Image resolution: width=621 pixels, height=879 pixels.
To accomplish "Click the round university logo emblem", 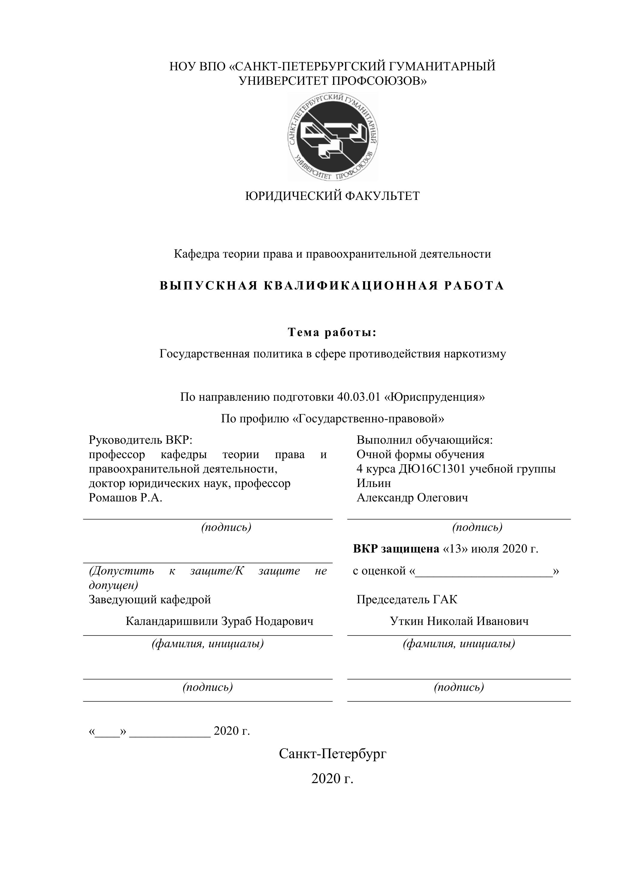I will tap(333, 137).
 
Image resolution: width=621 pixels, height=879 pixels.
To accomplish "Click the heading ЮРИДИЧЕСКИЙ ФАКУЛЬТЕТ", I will tap(332, 196).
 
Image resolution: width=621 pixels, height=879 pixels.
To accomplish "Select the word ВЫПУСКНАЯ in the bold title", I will tap(209, 286).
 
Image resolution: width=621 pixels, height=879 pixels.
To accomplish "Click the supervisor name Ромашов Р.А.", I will tap(126, 498).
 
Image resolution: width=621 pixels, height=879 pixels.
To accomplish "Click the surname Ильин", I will tap(374, 483).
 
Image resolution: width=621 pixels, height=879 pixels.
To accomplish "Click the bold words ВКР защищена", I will tap(396, 549).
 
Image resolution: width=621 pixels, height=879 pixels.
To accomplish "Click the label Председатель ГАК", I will tap(407, 599).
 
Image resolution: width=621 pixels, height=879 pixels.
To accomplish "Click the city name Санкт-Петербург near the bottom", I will tap(333, 754).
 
